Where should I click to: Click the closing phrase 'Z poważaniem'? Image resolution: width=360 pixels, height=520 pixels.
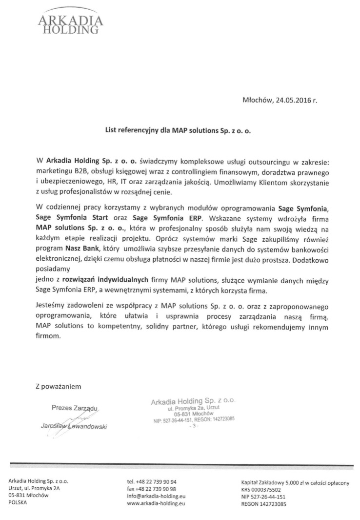[59, 386]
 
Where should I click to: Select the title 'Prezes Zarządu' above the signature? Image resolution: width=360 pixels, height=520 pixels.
[75, 407]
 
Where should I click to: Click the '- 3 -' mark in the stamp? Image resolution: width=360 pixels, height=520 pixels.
[193, 426]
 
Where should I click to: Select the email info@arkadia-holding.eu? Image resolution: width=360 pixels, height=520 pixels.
[156, 496]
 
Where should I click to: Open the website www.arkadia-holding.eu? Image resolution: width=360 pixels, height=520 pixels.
[156, 503]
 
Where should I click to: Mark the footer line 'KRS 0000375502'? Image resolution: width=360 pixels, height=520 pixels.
[261, 489]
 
